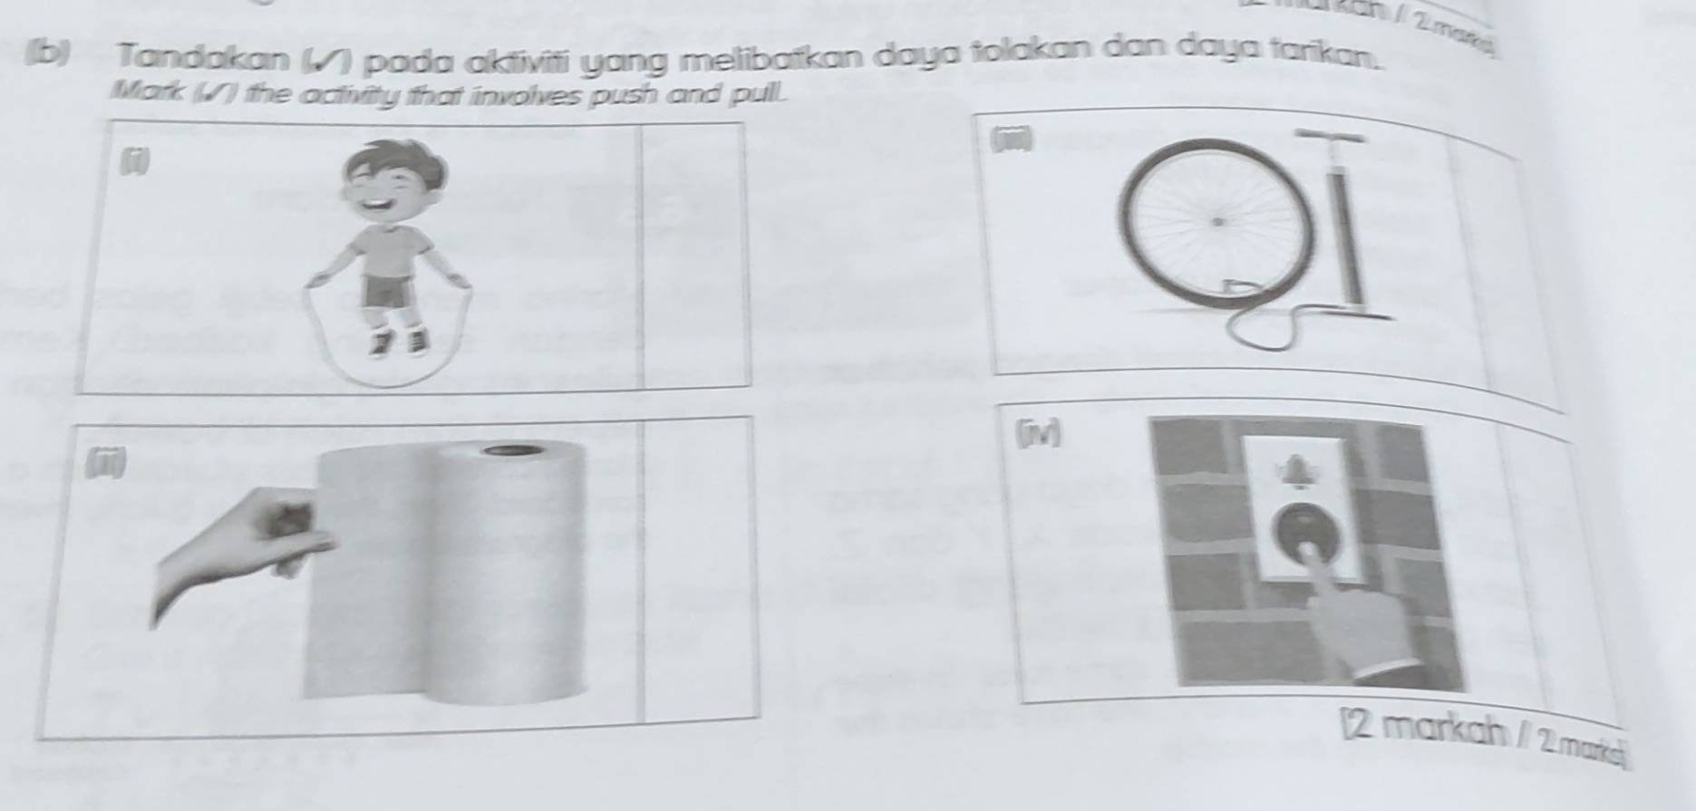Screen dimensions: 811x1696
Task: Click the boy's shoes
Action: (x=399, y=342)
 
